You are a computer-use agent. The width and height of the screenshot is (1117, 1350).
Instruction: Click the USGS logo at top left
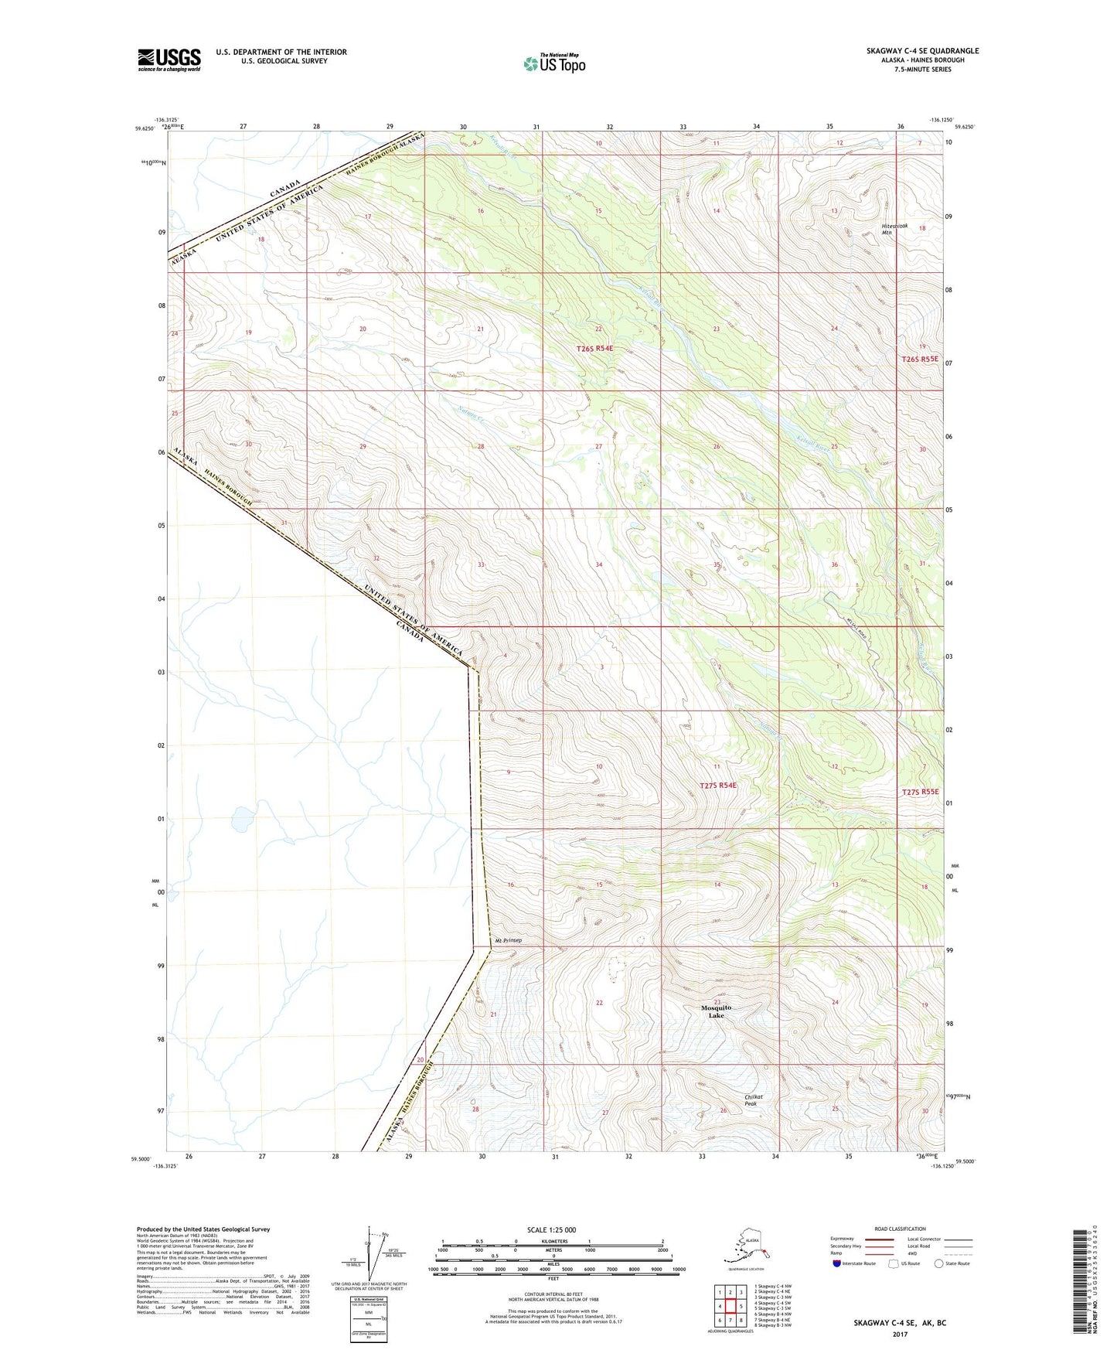[x=169, y=60]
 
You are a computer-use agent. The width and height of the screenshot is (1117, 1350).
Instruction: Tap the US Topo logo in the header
[x=554, y=63]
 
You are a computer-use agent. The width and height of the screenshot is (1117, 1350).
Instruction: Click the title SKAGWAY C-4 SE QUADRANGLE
[x=922, y=51]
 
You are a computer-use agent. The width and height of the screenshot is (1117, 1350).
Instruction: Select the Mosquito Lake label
[x=716, y=1011]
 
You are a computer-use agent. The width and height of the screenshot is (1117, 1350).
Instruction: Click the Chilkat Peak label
[x=753, y=1100]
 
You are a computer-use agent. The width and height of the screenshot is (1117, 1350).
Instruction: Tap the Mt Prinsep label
[x=509, y=941]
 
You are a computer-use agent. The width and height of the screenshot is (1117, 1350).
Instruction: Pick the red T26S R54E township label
[x=594, y=349]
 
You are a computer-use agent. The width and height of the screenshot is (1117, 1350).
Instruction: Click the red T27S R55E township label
[x=920, y=792]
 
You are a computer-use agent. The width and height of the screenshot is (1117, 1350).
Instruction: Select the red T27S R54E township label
[x=717, y=786]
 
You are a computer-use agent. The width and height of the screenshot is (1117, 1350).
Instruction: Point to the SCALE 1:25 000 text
[x=552, y=1229]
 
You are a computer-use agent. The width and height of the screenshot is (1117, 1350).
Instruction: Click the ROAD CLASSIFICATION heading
[x=900, y=1229]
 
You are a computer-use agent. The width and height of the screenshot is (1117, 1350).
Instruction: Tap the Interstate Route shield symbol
[x=837, y=1263]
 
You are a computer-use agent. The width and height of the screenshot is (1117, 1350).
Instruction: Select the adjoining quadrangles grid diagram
[x=730, y=1307]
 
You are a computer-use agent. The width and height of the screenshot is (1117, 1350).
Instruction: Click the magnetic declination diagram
[x=369, y=1256]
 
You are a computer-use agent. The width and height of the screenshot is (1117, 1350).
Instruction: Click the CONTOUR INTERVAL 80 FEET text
[x=553, y=1294]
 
